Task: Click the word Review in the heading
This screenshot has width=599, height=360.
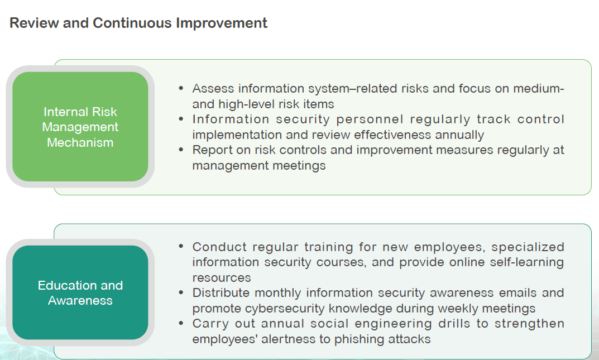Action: (34, 23)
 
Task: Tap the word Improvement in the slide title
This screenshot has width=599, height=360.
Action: (222, 23)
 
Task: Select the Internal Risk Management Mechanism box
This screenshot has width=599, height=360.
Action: (80, 127)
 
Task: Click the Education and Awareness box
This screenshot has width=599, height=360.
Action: (80, 293)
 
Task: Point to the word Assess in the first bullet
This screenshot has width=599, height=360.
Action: (213, 89)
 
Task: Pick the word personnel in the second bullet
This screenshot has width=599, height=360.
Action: (370, 119)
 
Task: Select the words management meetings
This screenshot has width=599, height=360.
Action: (259, 166)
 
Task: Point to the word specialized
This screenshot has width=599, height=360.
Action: (528, 247)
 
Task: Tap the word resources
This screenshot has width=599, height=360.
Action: (222, 278)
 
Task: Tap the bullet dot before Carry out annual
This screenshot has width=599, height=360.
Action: (181, 323)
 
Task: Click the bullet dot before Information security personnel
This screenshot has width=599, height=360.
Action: (181, 119)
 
